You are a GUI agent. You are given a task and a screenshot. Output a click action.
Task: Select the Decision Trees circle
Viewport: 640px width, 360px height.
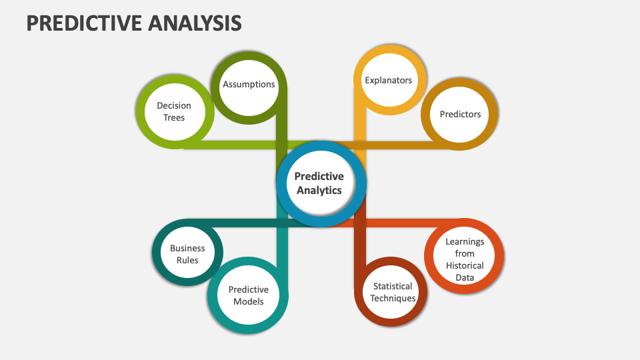[x=174, y=111]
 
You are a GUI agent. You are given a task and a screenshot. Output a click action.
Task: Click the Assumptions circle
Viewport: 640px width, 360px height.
[x=249, y=85]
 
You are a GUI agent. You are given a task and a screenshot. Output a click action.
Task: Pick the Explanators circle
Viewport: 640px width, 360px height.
[x=388, y=80]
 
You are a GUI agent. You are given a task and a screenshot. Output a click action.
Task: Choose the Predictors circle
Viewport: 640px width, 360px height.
[x=460, y=114]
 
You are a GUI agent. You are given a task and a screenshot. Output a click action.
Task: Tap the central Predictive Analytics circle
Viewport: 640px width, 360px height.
[x=319, y=183]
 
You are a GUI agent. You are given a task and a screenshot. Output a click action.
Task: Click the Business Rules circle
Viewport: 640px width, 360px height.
[x=187, y=254]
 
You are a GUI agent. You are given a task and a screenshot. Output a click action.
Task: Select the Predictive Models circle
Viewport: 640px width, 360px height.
[x=249, y=295]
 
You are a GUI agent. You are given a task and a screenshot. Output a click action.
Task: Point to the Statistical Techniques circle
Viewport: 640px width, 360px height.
[x=393, y=292]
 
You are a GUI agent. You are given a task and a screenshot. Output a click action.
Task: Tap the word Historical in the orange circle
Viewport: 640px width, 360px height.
[x=465, y=265]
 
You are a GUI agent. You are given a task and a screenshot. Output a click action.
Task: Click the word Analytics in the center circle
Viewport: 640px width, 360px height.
[x=319, y=190]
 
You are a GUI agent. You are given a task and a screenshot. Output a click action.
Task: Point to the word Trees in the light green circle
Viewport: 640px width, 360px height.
[x=174, y=117]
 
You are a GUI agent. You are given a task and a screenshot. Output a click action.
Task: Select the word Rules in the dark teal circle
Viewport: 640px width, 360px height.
[x=187, y=260]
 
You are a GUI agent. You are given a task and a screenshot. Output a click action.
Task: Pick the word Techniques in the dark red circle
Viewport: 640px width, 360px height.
[x=393, y=298]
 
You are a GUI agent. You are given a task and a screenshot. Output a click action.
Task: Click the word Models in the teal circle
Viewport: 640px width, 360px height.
[x=249, y=301]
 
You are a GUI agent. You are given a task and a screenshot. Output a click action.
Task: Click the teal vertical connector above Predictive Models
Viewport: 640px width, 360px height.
[x=281, y=247]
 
